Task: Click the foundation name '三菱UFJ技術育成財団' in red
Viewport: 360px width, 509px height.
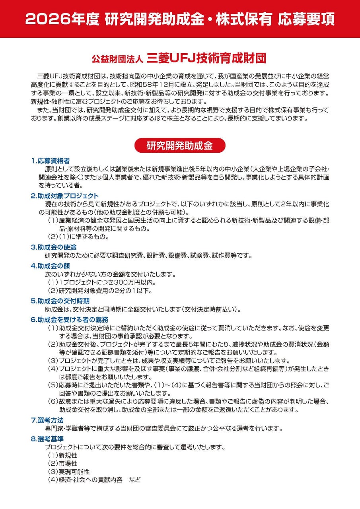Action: (206, 58)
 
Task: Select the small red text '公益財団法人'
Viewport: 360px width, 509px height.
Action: (118, 59)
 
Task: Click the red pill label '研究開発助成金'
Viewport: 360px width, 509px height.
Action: (180, 146)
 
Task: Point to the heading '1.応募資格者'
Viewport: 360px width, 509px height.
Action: (51, 161)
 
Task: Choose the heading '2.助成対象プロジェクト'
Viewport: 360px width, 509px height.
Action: (65, 196)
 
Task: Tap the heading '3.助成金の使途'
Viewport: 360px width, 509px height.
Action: (54, 247)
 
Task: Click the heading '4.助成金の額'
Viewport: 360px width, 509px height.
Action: (51, 266)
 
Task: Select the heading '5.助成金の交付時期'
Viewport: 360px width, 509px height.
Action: (60, 301)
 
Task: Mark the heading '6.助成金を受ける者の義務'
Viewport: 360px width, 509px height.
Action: (70, 319)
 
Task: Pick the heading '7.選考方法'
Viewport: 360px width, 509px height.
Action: (47, 420)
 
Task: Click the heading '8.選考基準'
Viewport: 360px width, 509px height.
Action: (47, 439)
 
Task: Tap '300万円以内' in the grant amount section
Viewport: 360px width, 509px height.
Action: (133, 283)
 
